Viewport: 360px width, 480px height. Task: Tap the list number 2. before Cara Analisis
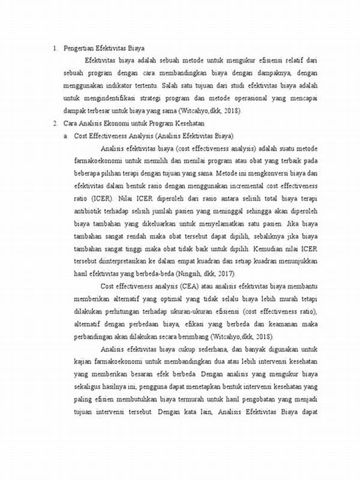pos(55,123)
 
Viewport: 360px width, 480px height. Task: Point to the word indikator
pos(117,85)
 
